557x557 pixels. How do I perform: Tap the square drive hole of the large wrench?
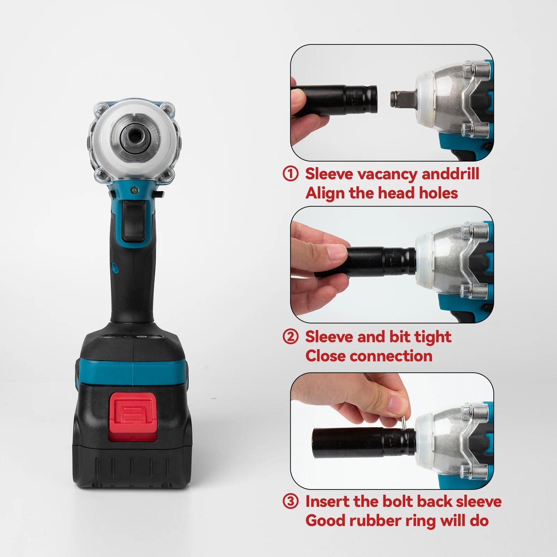tap(134, 136)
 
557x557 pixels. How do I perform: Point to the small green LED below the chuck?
tap(134, 190)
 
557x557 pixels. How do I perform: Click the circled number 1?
tap(291, 174)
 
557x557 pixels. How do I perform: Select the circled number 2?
tap(291, 337)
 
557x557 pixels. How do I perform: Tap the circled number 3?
tap(291, 501)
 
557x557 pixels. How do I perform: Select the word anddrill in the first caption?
tap(450, 174)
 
